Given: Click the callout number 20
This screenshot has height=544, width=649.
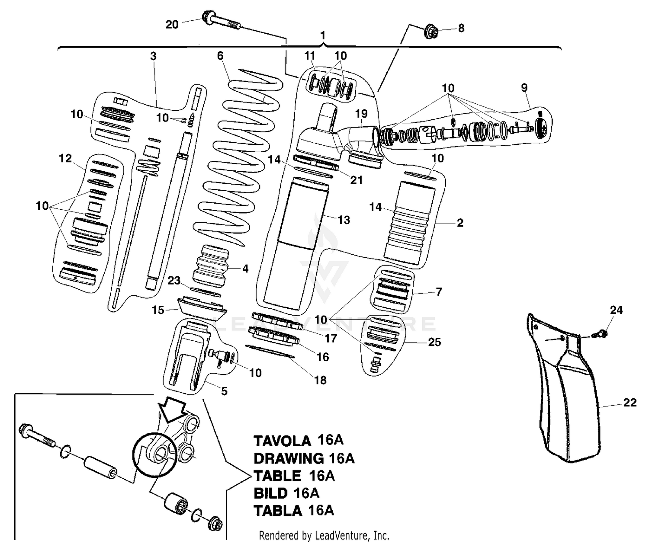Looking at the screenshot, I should pyautogui.click(x=172, y=24).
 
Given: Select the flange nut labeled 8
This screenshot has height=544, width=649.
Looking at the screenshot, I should pyautogui.click(x=430, y=31).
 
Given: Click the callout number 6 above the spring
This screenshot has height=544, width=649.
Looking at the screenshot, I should pyautogui.click(x=220, y=56).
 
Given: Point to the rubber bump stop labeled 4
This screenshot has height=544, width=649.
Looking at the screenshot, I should pyautogui.click(x=212, y=264).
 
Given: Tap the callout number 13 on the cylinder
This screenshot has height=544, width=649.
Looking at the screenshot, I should pyautogui.click(x=344, y=220).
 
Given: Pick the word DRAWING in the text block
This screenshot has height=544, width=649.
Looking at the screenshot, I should pyautogui.click(x=289, y=458).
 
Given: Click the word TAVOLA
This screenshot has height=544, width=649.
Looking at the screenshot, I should pyautogui.click(x=282, y=441).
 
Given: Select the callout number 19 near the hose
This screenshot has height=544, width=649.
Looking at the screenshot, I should pyautogui.click(x=361, y=114).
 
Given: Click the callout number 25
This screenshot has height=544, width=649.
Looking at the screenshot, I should pyautogui.click(x=434, y=342).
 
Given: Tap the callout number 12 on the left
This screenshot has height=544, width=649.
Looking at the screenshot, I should pyautogui.click(x=65, y=159).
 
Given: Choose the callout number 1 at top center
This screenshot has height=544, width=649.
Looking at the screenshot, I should pyautogui.click(x=323, y=35).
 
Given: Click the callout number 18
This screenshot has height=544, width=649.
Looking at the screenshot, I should pyautogui.click(x=320, y=380).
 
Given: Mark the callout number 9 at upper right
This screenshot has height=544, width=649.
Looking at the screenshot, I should pyautogui.click(x=524, y=88).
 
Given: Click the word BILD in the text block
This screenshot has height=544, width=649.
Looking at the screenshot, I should pyautogui.click(x=270, y=493).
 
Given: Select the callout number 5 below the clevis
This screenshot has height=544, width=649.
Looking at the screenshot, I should pyautogui.click(x=224, y=391).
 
